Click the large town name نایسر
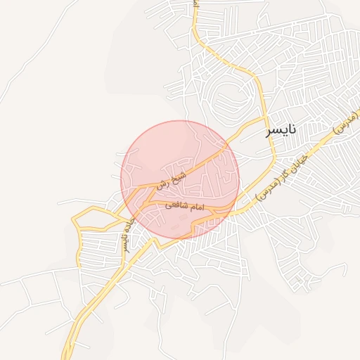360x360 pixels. click(x=281, y=130)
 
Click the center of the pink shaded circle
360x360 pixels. click(x=180, y=179)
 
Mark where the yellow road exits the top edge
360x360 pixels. click(x=195, y=2)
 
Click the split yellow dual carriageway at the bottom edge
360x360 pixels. click(x=67, y=355)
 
